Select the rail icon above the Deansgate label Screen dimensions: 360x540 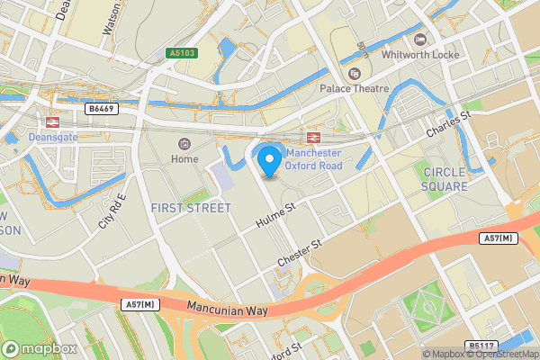53,121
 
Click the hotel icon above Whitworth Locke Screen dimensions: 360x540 419,39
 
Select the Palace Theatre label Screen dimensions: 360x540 355,88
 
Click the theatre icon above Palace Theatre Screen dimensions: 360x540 354,73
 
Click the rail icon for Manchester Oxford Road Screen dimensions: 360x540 314,137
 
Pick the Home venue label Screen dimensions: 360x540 184,159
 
